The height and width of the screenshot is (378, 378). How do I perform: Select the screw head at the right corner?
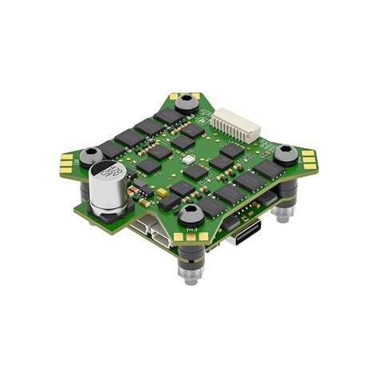tap(283, 153)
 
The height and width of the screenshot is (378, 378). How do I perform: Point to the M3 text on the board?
tap(191, 230)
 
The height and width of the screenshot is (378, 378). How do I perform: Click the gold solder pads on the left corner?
tap(65, 163)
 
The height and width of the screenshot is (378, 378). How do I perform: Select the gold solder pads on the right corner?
tap(307, 162)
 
